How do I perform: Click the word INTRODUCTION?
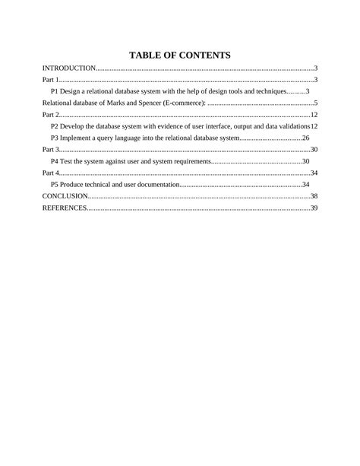pyautogui.click(x=68, y=68)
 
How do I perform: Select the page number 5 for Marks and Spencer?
pyautogui.click(x=315, y=103)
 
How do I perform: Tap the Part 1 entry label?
pyautogui.click(x=50, y=80)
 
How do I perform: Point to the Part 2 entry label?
pyautogui.click(x=50, y=115)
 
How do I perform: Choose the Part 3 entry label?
pyautogui.click(x=50, y=150)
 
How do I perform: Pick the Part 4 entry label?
pyautogui.click(x=50, y=173)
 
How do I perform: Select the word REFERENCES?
pyautogui.click(x=64, y=208)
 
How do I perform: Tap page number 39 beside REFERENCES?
pyautogui.click(x=314, y=208)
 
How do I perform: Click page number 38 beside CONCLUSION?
pyautogui.click(x=314, y=196)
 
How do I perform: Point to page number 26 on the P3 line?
pyautogui.click(x=305, y=138)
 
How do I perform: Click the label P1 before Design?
pyautogui.click(x=55, y=91)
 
